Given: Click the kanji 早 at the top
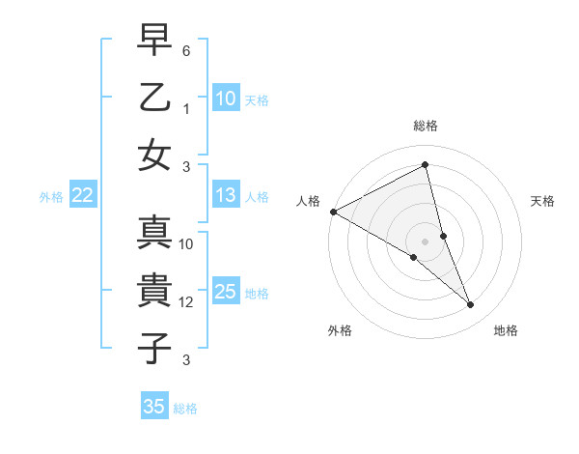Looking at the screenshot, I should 154,42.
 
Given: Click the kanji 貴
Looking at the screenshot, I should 154,291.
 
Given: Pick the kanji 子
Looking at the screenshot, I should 154,347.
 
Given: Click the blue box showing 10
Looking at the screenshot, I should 225,98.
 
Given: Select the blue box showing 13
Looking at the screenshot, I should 225,195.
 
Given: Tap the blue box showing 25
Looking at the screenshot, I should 225,292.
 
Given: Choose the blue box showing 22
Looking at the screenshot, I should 82,195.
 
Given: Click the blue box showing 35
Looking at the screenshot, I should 154,407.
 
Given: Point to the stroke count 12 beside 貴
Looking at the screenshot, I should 186,302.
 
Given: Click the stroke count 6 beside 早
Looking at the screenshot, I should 186,49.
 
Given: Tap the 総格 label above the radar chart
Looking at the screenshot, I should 426,126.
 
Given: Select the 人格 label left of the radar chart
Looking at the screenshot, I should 309,201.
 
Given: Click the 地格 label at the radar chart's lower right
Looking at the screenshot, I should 506,330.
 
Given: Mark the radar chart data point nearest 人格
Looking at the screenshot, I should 333,212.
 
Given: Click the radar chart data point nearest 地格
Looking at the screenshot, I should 471,305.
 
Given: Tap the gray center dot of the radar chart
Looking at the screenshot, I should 426,241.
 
